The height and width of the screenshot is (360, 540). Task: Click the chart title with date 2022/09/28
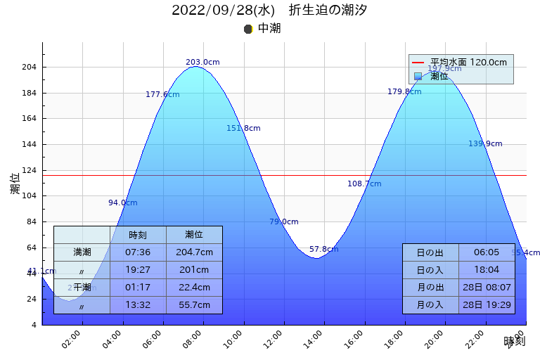coord(269,11)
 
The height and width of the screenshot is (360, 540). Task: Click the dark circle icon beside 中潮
coord(248,29)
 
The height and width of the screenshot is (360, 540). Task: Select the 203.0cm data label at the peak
coord(202,63)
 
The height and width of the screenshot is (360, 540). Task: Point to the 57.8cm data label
coord(323,250)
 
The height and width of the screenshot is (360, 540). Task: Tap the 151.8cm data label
coord(243,129)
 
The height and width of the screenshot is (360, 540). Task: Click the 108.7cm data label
coord(364,184)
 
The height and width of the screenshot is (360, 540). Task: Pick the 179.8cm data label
coord(404,92)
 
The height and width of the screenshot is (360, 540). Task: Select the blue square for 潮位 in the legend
coord(418,76)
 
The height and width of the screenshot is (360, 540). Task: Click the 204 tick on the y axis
coord(31,67)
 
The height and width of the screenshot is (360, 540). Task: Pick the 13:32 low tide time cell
coord(138,305)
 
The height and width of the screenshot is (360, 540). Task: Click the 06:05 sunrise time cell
coord(487,252)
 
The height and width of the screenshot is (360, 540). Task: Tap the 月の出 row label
coord(430,288)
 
